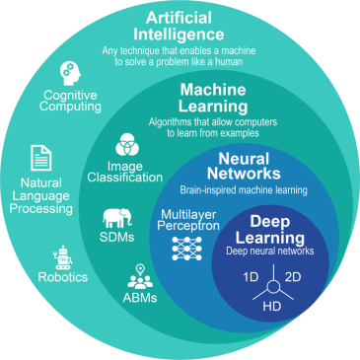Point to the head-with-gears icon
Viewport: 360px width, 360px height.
[x=71, y=72]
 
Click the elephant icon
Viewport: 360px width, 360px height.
[x=119, y=219]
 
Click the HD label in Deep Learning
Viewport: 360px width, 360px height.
[x=270, y=309]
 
